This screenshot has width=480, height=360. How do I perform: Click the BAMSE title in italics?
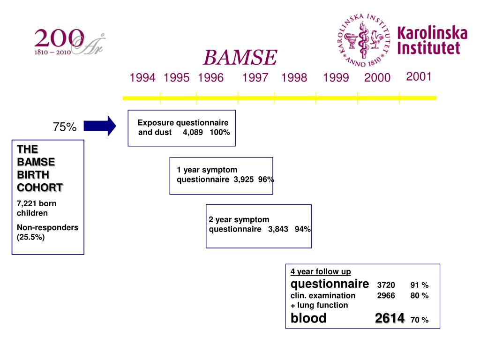tap(240, 58)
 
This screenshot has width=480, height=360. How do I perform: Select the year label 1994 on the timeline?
tap(142, 78)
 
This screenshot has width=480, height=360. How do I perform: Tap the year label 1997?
tap(255, 78)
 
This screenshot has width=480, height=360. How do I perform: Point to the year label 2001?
tap(419, 76)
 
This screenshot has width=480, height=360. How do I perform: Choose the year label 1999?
tap(336, 78)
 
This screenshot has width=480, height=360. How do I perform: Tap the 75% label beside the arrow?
tap(65, 127)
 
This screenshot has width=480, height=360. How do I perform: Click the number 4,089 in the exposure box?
tap(193, 132)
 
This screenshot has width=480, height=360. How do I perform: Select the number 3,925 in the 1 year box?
tap(244, 180)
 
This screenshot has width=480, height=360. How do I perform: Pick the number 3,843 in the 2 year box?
tap(278, 229)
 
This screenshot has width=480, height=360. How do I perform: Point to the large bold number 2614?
tap(390, 319)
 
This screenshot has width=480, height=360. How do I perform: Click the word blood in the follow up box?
tap(308, 318)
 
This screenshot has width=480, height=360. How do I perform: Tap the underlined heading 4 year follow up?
tap(321, 271)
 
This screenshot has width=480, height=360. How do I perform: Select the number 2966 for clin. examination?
tap(386, 296)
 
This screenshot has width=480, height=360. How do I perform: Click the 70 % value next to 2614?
tap(419, 320)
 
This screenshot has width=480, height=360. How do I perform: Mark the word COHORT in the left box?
tap(40, 187)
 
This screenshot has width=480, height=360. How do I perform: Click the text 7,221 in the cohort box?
tap(27, 203)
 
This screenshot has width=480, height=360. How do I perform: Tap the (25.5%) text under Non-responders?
tap(31, 237)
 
